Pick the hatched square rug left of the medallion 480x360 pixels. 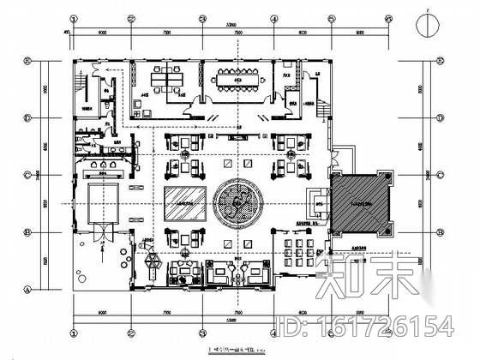pos(185,203)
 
